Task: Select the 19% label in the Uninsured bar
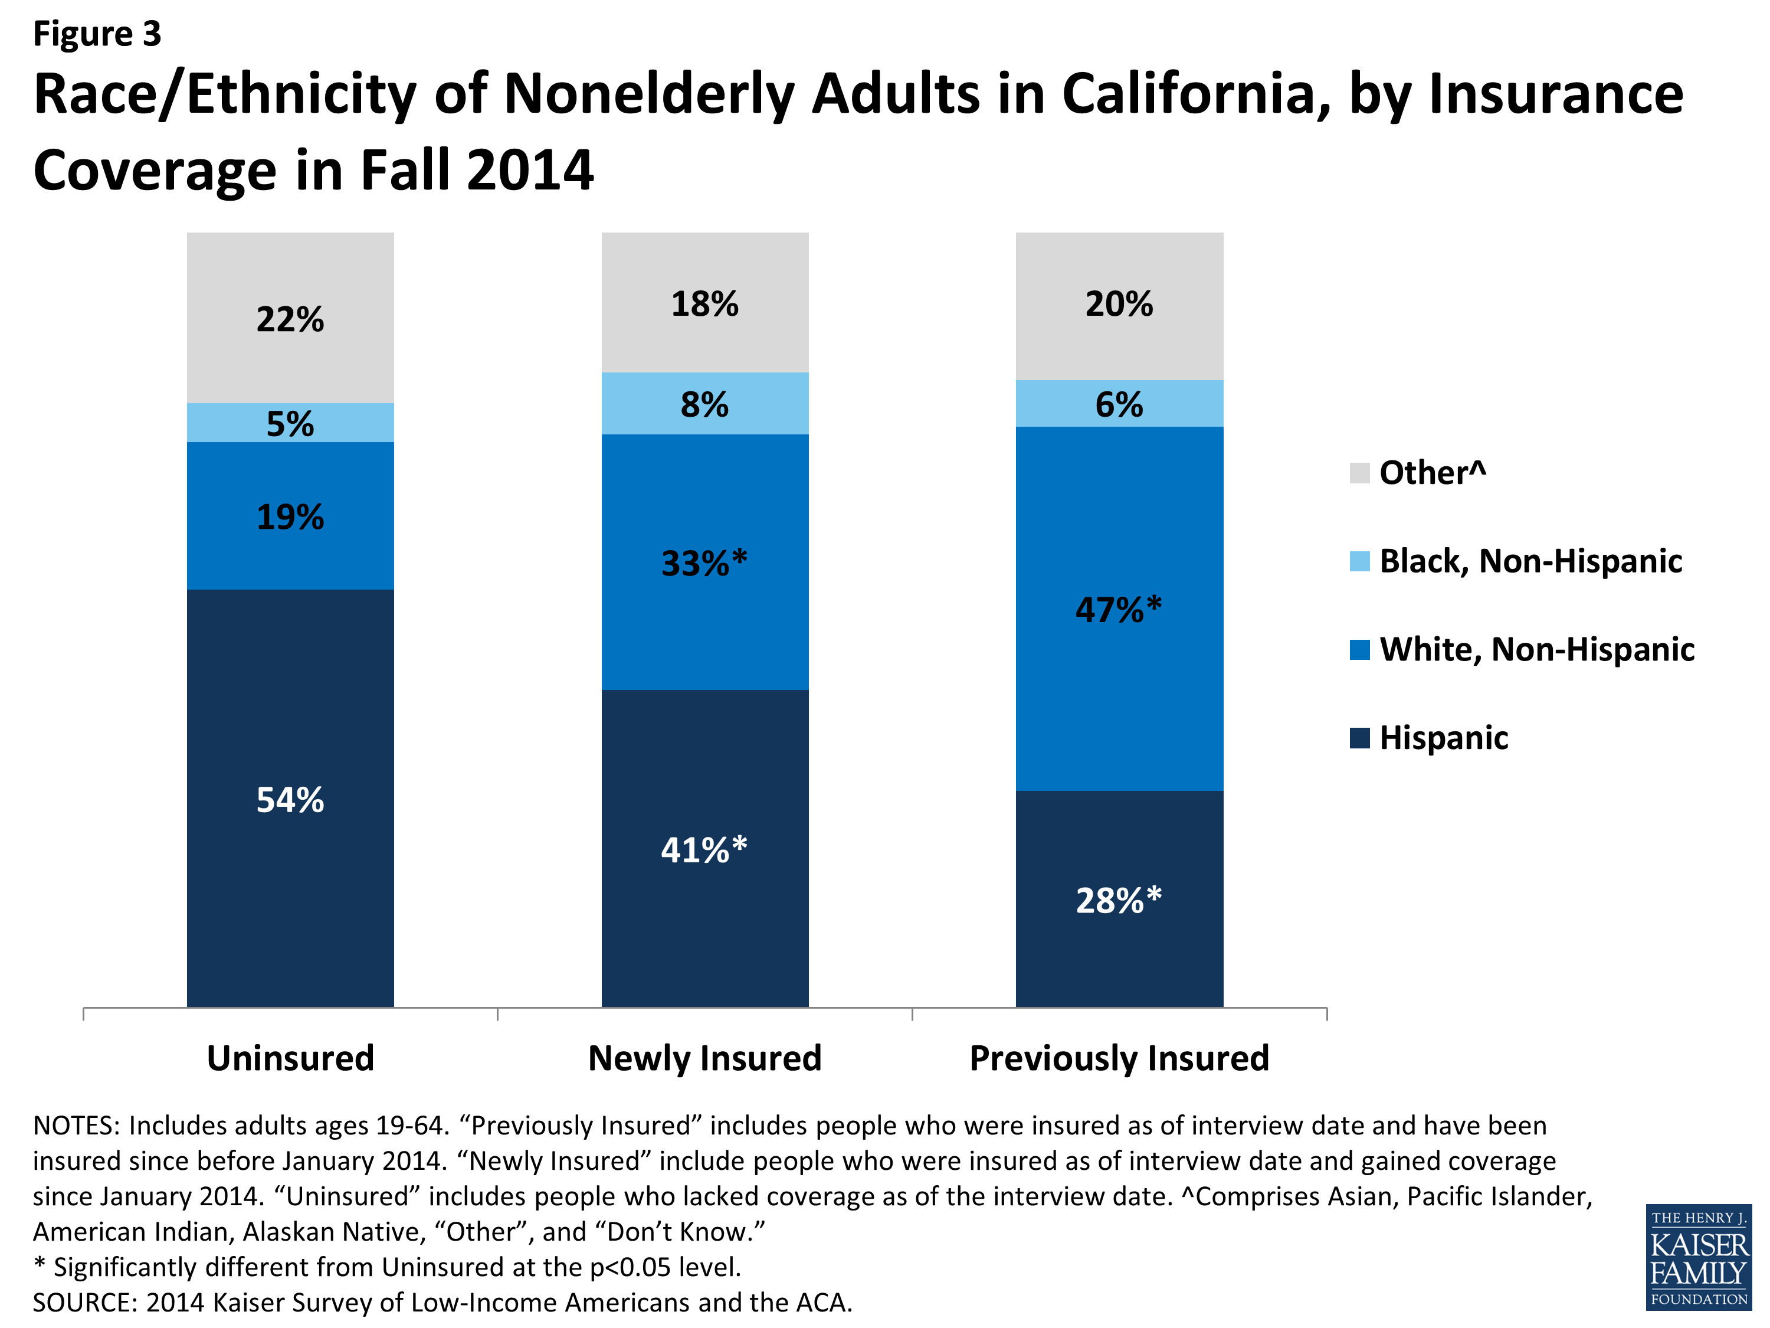[x=290, y=517]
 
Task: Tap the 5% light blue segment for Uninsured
[x=290, y=423]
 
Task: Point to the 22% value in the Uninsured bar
[x=290, y=319]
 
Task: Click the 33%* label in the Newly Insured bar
[x=704, y=562]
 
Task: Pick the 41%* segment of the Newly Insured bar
[x=704, y=849]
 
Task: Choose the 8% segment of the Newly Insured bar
[x=704, y=404]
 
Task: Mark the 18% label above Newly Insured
[x=704, y=304]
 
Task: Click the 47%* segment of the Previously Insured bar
[x=1119, y=609]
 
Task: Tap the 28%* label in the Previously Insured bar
[x=1119, y=899]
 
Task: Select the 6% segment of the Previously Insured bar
[x=1119, y=404]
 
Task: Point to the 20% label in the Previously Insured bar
[x=1119, y=304]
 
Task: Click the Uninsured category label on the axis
[x=290, y=1058]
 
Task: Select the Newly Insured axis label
[x=704, y=1058]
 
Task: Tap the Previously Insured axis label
[x=1119, y=1058]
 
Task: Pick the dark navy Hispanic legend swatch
[x=1359, y=737]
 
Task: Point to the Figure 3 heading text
[x=97, y=34]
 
